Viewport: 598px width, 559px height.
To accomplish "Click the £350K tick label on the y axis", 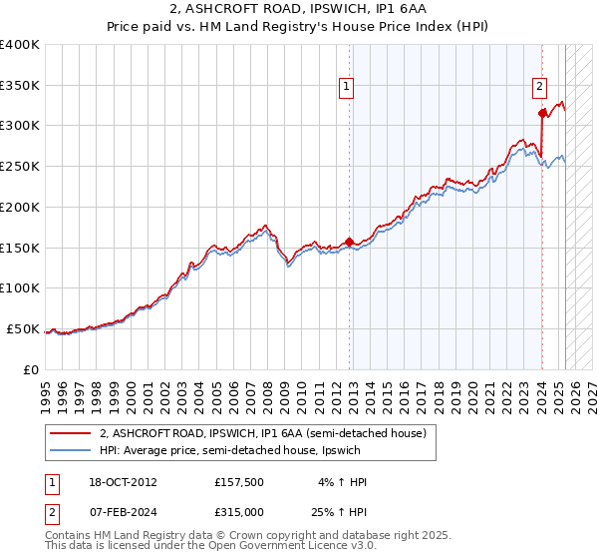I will (x=20, y=86).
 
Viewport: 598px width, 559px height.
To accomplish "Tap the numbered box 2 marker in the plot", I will (x=539, y=87).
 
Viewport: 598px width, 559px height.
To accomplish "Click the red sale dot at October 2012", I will (x=349, y=242).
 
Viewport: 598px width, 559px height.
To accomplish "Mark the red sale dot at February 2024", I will (x=541, y=115).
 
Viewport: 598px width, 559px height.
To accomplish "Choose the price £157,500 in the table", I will (x=238, y=482).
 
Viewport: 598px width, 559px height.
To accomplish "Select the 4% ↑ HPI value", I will (x=342, y=482).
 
